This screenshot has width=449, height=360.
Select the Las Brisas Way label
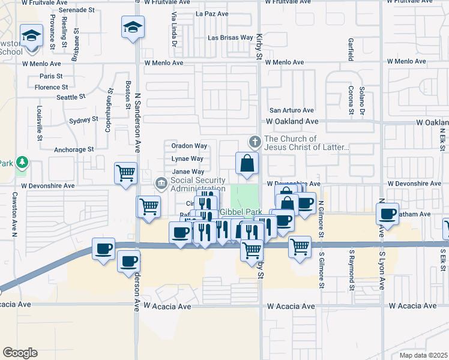point(230,37)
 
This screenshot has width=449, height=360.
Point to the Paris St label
point(51,76)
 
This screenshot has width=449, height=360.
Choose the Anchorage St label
point(74,149)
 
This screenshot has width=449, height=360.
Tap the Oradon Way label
point(189,146)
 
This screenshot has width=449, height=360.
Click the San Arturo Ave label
point(292,110)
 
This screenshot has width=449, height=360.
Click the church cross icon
point(255,142)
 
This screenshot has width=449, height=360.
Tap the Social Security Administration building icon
point(161,182)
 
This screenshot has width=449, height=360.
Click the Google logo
point(20,352)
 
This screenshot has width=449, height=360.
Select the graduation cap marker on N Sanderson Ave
point(133,27)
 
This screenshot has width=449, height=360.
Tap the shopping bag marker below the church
point(247,163)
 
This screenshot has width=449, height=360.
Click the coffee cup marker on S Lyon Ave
point(388,214)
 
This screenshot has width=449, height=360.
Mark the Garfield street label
point(350,50)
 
